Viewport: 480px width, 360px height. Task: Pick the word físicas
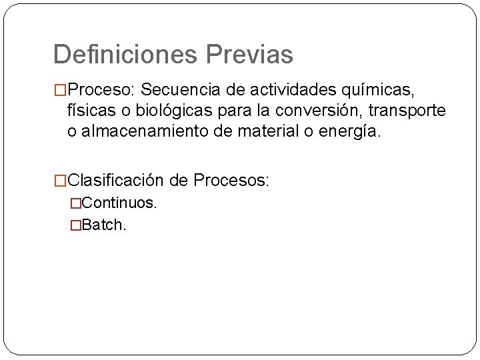pos(89,110)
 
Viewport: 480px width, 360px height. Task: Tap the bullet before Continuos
pos(75,203)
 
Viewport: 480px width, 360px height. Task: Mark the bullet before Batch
pos(75,225)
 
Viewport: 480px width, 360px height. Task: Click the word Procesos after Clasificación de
pos(231,180)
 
